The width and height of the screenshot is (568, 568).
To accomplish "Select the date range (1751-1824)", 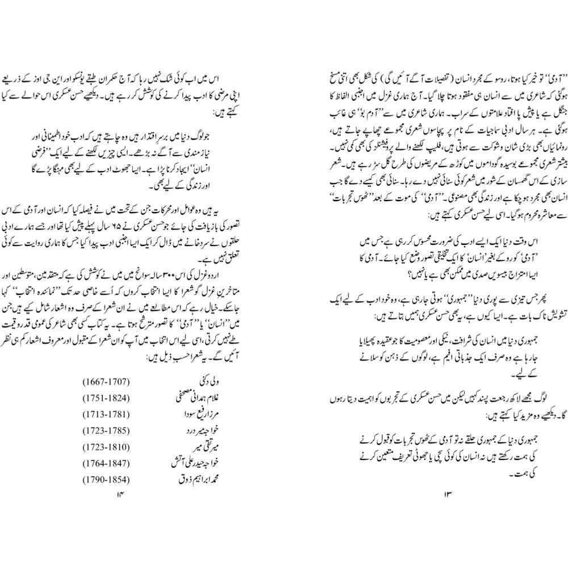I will click(x=107, y=397).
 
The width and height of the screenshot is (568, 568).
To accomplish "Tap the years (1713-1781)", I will click(x=107, y=414).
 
